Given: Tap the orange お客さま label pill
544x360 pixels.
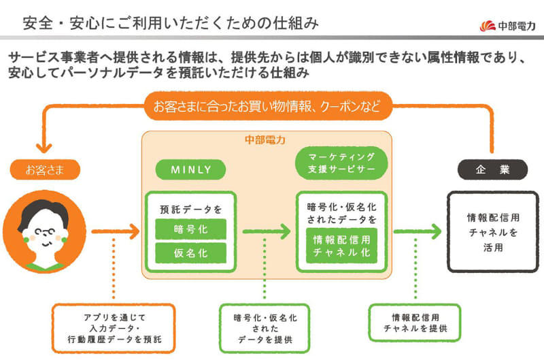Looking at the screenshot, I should coord(44,169).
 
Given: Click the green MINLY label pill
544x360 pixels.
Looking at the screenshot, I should coord(190,169).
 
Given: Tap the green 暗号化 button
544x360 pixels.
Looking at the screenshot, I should coord(190,229).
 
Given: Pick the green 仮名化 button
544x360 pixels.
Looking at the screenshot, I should coord(190,253).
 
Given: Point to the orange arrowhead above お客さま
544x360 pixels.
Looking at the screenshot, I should coord(44,146).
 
